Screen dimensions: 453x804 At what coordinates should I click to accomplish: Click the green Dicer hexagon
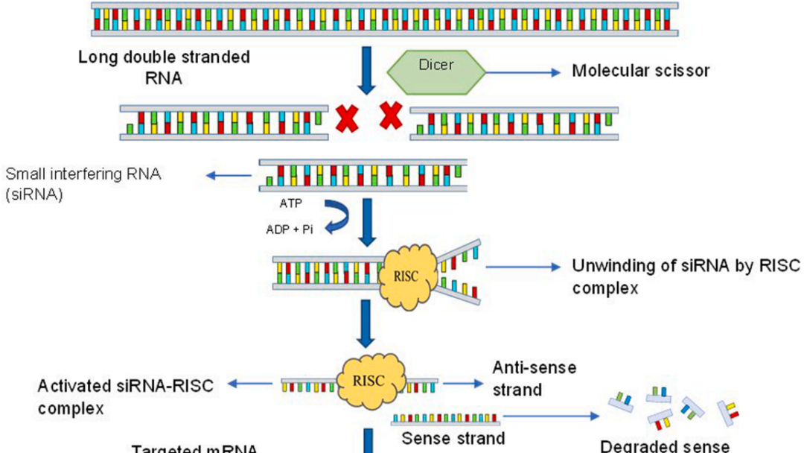click(x=436, y=72)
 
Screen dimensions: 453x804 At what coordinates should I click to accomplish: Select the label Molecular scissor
click(x=640, y=72)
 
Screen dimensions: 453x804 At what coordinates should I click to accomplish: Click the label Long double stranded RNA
click(x=164, y=67)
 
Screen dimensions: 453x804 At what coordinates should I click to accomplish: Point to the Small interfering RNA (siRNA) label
click(x=83, y=183)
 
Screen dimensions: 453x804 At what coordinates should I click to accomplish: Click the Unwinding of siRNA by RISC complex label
click(x=685, y=276)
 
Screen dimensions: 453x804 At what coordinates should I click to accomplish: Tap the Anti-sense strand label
click(x=534, y=378)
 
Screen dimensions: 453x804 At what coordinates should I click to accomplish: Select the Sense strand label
click(x=453, y=438)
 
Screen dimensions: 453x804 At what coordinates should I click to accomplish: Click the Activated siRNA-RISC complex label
click(x=125, y=396)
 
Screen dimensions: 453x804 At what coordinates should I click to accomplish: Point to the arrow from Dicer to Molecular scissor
click(x=521, y=72)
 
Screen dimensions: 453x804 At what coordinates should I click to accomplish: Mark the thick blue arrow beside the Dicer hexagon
click(x=366, y=72)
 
